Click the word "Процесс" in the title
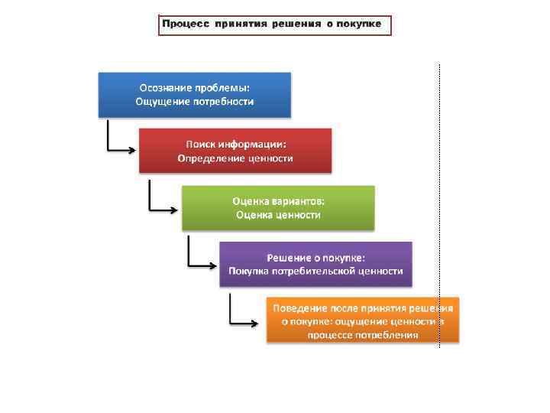pyautogui.click(x=186, y=24)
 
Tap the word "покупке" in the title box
pyautogui.click(x=356, y=24)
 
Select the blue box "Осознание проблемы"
pyautogui.click(x=195, y=94)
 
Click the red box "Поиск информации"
pyautogui.click(x=235, y=151)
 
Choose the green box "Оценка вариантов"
pyautogui.click(x=278, y=208)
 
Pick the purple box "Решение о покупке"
pyautogui.click(x=315, y=264)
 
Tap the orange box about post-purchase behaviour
pyautogui.click(x=363, y=320)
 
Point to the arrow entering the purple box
pyautogui.click(x=202, y=264)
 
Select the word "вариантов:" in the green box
pyautogui.click(x=299, y=200)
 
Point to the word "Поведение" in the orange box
pyautogui.click(x=298, y=307)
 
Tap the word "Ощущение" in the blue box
pyautogui.click(x=163, y=101)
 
